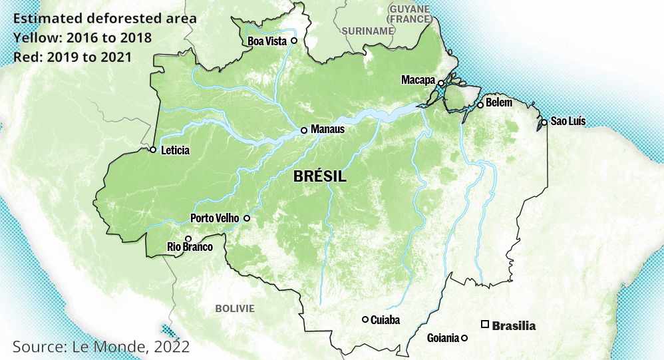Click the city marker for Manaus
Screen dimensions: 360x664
[x=304, y=130]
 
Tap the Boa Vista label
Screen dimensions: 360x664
[x=267, y=41]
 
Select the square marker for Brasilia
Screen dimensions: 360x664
[x=486, y=325]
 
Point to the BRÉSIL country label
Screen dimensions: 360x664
[x=319, y=177]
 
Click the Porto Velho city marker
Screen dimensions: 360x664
[x=247, y=218]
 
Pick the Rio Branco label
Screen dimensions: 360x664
[x=190, y=248]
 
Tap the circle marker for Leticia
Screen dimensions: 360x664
[x=152, y=150]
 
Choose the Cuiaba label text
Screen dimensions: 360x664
[x=385, y=320]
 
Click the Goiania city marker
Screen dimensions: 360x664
[x=464, y=338]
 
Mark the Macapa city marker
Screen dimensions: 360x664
[x=440, y=83]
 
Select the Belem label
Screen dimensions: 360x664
[x=499, y=102]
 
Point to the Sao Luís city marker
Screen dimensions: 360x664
[x=544, y=122]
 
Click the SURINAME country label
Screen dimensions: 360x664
[x=368, y=31]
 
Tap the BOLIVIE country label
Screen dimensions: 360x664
[x=234, y=308]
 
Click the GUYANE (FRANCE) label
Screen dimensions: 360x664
[x=410, y=13]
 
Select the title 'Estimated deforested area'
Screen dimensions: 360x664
[x=104, y=18]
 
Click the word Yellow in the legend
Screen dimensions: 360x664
[x=33, y=37]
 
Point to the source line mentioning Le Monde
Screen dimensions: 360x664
[x=101, y=346]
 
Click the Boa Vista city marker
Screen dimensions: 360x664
[x=293, y=41]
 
